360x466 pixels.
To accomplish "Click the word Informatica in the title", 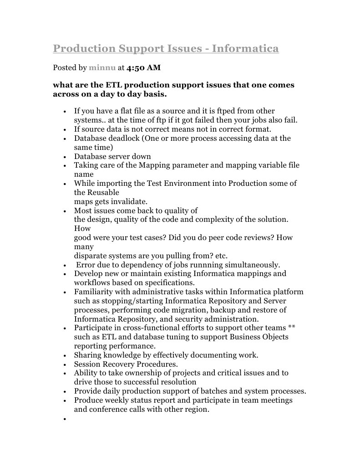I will [x=245, y=48].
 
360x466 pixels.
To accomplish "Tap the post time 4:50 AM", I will [x=143, y=68].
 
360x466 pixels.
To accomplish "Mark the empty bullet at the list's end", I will [x=66, y=418].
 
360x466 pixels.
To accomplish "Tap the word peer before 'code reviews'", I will [x=224, y=237].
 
